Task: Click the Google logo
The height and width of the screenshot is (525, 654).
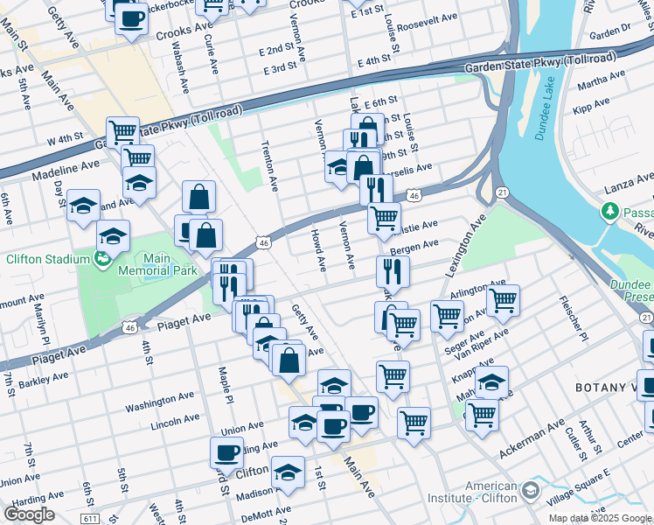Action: pyautogui.click(x=28, y=514)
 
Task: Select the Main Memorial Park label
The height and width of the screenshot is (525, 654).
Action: pyautogui.click(x=156, y=264)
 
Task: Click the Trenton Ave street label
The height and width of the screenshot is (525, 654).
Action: pyautogui.click(x=268, y=165)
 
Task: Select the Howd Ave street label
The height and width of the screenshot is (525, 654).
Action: pyautogui.click(x=318, y=250)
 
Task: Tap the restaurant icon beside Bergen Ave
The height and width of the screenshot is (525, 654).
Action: pyautogui.click(x=393, y=271)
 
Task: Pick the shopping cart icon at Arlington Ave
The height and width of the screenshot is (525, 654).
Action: pyautogui.click(x=503, y=300)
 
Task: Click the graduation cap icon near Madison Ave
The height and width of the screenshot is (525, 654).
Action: pyautogui.click(x=288, y=472)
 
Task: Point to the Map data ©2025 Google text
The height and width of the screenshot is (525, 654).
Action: pyautogui.click(x=600, y=518)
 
